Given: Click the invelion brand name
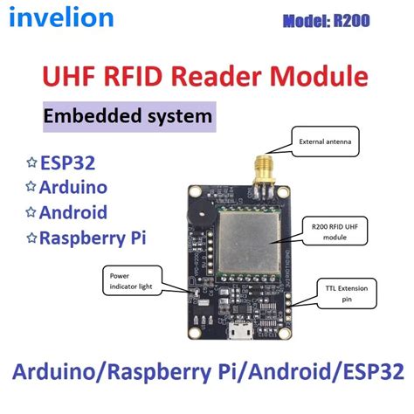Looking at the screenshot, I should (x=64, y=17).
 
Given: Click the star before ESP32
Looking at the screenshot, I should (x=32, y=162).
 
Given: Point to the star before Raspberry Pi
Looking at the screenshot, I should (x=32, y=237).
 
